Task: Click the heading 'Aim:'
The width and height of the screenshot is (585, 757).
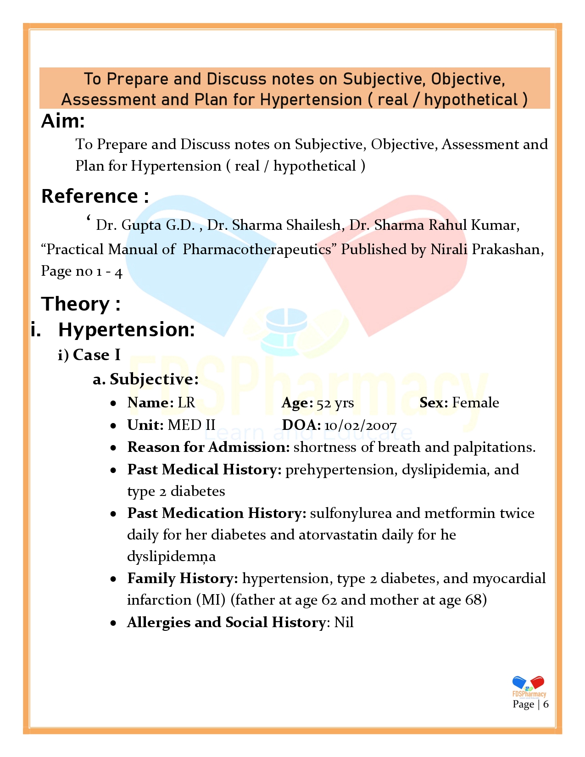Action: pyautogui.click(x=63, y=122)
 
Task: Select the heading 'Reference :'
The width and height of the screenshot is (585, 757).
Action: pyautogui.click(x=95, y=196)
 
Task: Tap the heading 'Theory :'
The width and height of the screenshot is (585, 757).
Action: pyautogui.click(x=81, y=304)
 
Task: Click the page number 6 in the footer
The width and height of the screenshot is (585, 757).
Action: pyautogui.click(x=546, y=704)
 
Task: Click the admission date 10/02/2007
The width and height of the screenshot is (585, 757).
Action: pyautogui.click(x=360, y=426)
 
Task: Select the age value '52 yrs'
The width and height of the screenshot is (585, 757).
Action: pyautogui.click(x=335, y=403)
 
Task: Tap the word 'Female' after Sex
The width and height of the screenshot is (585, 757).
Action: pyautogui.click(x=475, y=403)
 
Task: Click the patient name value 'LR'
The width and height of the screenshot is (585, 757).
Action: pyautogui.click(x=186, y=403)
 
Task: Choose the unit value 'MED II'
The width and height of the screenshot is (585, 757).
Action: pyautogui.click(x=191, y=425)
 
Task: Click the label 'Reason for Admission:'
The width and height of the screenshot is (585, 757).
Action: pyautogui.click(x=208, y=447)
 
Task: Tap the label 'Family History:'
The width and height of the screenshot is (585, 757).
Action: pyautogui.click(x=183, y=579)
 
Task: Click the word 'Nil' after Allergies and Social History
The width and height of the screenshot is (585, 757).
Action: pyautogui.click(x=344, y=623)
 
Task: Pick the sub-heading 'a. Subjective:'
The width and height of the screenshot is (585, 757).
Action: pyautogui.click(x=145, y=379)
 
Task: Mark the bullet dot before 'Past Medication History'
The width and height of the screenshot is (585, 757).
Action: pyautogui.click(x=113, y=514)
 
